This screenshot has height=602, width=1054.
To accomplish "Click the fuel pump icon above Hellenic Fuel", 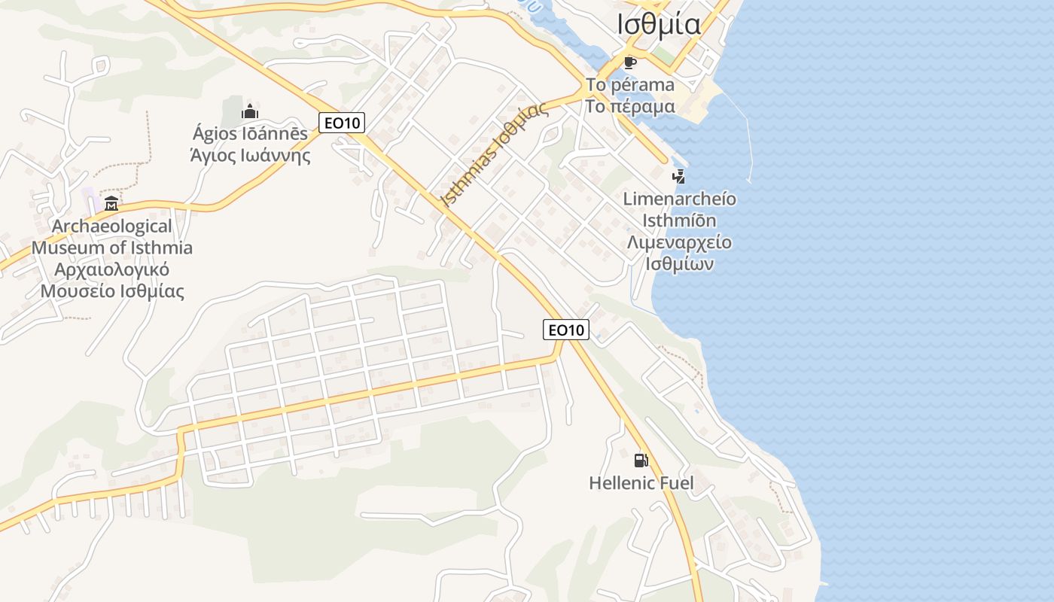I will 641,460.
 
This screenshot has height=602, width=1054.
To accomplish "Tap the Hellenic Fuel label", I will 641,482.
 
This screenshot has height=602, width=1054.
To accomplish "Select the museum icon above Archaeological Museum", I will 111,202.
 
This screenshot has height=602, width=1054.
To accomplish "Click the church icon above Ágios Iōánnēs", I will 250,112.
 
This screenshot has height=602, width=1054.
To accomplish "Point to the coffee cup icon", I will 629,62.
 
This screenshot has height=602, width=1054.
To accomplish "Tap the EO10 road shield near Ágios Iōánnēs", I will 342,122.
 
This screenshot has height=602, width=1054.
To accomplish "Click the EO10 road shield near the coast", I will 566,329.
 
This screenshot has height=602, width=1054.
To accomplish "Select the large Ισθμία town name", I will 659,24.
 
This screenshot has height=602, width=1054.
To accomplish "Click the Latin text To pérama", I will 630,84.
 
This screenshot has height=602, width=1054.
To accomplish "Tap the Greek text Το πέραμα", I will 630,106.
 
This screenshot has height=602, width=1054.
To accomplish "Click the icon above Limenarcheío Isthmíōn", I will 678,177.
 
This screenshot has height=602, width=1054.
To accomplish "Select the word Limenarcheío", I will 680,199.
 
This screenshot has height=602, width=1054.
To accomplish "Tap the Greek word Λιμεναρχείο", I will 680,242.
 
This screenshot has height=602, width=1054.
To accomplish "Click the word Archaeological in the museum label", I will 112,226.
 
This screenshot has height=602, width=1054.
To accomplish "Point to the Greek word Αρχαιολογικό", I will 112,269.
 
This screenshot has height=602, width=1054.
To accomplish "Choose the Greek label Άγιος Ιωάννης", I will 250,156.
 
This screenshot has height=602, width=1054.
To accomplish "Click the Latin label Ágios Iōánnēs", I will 250,134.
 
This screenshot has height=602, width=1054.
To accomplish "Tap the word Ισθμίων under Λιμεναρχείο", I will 680,264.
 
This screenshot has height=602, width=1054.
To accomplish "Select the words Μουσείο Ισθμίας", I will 112,291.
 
